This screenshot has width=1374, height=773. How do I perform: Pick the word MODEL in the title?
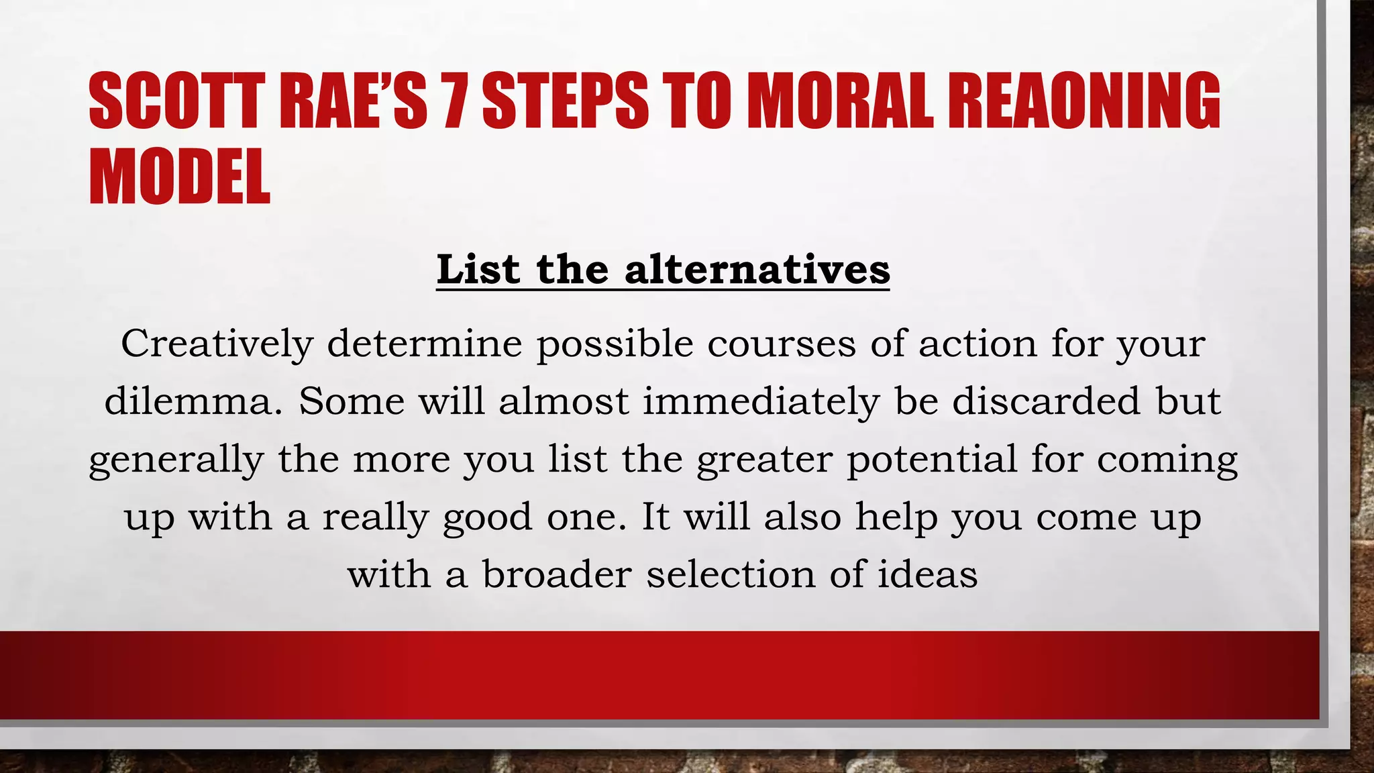(179, 176)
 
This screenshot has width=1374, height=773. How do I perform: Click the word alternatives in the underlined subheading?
(757, 270)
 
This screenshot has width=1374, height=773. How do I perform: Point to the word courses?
(781, 344)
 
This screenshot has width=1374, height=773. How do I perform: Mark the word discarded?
(1046, 401)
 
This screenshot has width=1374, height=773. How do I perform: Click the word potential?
(932, 460)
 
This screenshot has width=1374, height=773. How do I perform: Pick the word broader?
(557, 574)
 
